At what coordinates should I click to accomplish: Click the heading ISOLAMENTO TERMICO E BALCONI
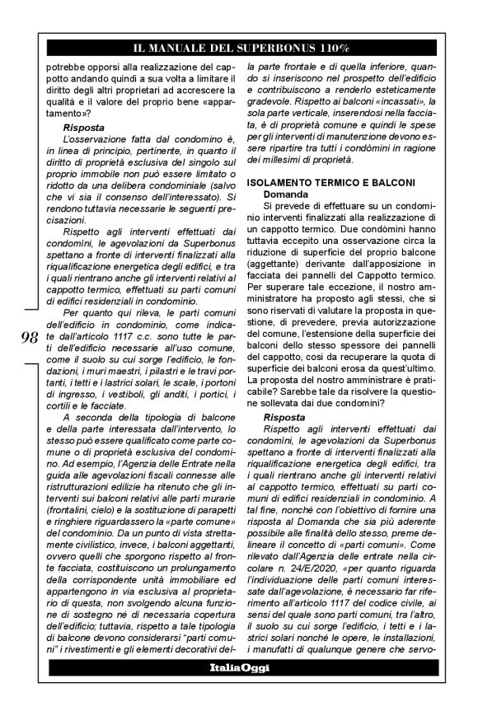tap(319, 181)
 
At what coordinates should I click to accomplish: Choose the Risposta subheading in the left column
tap(84, 129)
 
